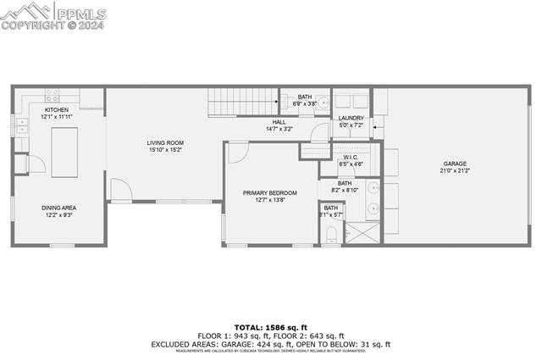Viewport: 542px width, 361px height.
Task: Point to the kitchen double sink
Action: (22, 124)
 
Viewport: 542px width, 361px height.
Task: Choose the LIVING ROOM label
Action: (165, 142)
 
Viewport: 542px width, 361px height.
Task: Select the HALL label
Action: (279, 122)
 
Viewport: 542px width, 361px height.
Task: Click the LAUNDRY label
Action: (351, 118)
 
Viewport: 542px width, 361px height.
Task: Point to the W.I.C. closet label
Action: (352, 158)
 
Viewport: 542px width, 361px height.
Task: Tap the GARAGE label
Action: (455, 164)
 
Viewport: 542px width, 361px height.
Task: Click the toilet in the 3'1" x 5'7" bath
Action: (331, 232)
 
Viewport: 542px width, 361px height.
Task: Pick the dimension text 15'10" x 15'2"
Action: (165, 150)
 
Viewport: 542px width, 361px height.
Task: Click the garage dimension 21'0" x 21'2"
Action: (455, 171)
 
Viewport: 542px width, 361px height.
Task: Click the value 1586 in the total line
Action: (279, 326)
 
